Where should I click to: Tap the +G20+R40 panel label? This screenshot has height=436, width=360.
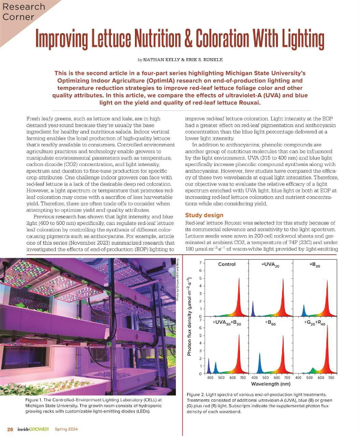pyautogui.click(x=314, y=323)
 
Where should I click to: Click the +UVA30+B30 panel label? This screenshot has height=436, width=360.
pyautogui.click(x=228, y=323)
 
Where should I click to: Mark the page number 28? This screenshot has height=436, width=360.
pyautogui.click(x=10, y=429)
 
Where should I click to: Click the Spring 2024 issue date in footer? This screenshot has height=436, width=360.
pyautogui.click(x=65, y=429)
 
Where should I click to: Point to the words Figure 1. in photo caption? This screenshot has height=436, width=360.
pyautogui.click(x=37, y=399)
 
